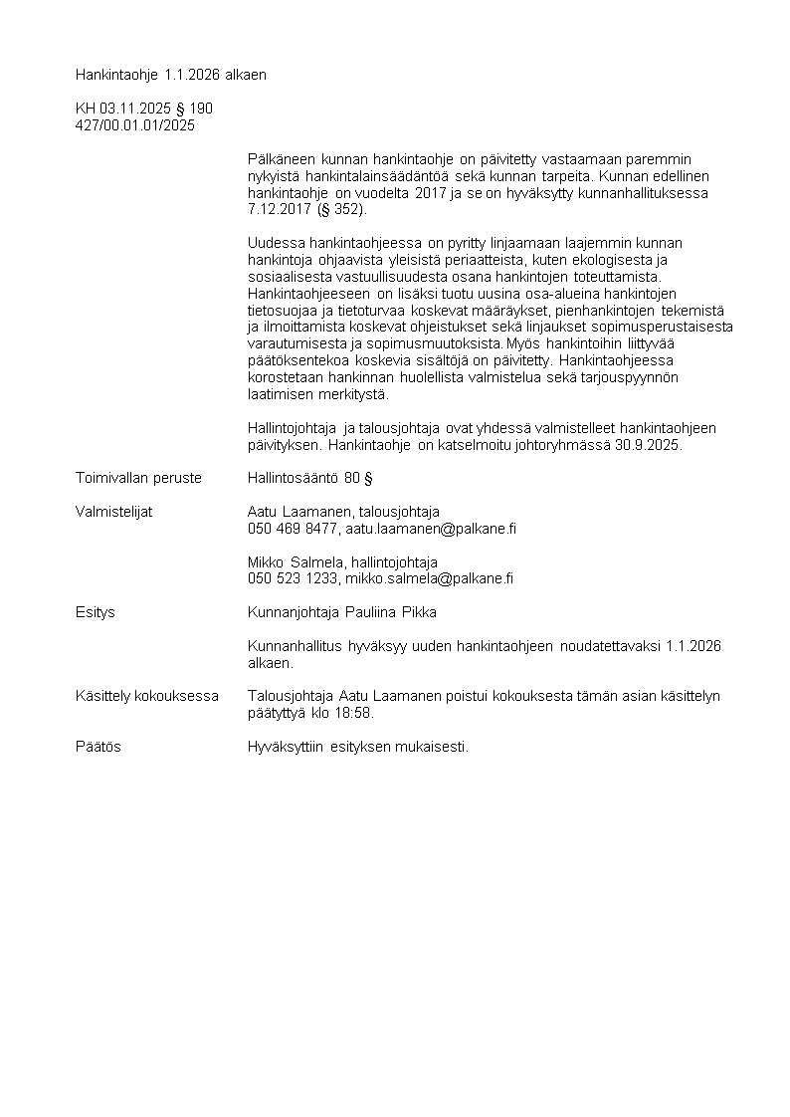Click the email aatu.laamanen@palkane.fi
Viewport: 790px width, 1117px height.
point(431,529)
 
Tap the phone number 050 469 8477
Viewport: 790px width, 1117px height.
point(293,529)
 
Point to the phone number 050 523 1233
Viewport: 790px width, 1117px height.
point(293,578)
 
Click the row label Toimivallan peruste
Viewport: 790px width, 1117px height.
point(138,478)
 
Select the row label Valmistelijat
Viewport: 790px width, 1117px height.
point(113,512)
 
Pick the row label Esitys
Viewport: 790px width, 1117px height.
point(96,612)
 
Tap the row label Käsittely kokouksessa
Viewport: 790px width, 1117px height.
point(147,696)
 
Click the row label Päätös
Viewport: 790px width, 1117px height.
point(99,747)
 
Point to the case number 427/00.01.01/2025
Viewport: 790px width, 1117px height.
point(135,125)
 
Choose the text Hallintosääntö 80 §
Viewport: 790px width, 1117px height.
point(309,478)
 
